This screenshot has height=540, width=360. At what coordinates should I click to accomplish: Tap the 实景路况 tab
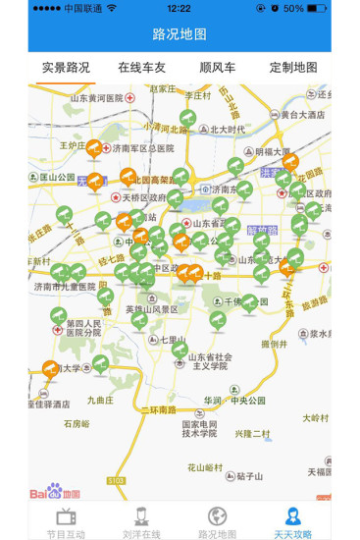click(66, 68)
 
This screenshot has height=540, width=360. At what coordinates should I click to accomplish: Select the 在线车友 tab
click(143, 68)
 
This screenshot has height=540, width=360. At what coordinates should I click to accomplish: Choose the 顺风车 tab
click(217, 68)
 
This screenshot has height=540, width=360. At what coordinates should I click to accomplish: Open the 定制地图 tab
click(293, 68)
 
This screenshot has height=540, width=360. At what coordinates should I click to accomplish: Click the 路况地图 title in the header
click(180, 34)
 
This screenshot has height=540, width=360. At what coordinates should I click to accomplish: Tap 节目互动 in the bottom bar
click(67, 520)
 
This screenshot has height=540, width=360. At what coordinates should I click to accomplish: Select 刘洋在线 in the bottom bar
click(142, 520)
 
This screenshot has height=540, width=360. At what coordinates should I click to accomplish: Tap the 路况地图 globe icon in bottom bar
click(217, 516)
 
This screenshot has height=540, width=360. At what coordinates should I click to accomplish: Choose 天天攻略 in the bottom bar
click(292, 520)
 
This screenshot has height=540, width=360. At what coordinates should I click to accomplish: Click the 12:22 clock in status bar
click(180, 8)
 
